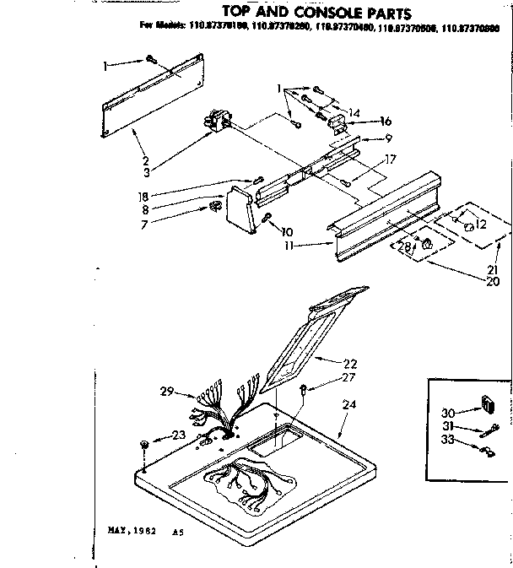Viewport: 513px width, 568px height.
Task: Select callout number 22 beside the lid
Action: [x=350, y=364]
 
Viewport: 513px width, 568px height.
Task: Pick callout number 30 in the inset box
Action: [x=448, y=414]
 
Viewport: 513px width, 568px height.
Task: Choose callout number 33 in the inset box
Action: [x=448, y=441]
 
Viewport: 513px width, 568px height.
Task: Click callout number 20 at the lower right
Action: [x=494, y=282]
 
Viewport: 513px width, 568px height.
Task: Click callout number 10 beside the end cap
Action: [x=288, y=231]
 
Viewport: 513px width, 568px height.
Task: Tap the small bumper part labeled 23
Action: [x=145, y=444]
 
